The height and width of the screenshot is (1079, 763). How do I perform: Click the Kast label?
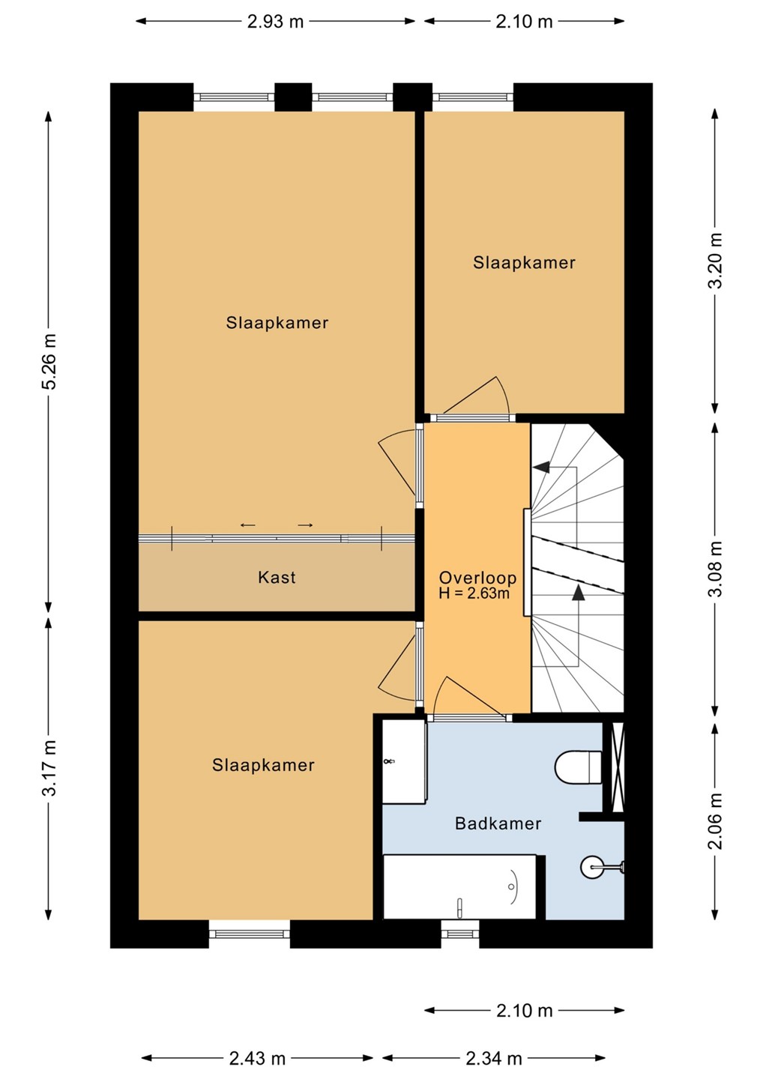277,577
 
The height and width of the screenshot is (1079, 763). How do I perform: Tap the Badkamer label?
498,823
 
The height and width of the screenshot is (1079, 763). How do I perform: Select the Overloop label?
477,578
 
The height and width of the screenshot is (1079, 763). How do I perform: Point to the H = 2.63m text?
474,593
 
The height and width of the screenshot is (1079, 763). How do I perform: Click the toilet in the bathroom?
578,767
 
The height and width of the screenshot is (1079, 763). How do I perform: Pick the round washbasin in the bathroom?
591,867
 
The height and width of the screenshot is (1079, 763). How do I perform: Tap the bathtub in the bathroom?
459,887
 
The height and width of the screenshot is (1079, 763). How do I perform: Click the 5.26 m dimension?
49,361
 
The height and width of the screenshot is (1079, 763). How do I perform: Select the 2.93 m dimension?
276,22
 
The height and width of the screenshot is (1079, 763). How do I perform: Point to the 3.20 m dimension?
715,260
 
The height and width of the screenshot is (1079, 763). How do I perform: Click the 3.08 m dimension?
715,569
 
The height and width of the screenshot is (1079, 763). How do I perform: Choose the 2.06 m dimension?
715,820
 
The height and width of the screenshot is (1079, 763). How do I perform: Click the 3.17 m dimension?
49,768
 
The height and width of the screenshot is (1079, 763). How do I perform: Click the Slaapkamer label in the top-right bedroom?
524,262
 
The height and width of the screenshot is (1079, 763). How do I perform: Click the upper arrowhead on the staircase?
542,466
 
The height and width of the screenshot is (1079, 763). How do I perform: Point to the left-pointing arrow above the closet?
248,525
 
